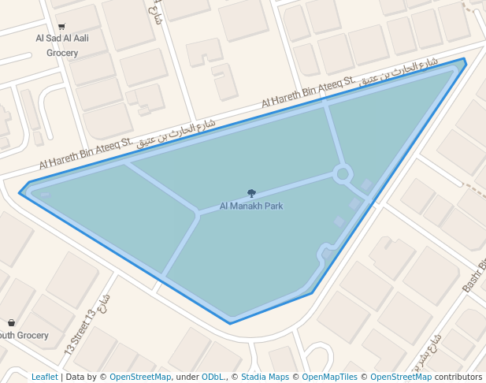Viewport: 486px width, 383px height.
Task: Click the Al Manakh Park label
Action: tap(250, 206)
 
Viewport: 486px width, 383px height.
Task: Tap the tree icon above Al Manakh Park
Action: tap(251, 193)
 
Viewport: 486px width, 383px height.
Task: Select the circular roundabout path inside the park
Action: tap(342, 173)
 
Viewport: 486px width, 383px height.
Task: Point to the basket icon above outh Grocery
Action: tap(11, 322)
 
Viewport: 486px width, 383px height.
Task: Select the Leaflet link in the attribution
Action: tap(45, 377)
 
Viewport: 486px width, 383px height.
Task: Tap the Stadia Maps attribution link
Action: tap(265, 377)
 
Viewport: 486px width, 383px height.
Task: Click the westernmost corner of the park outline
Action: tap(19, 193)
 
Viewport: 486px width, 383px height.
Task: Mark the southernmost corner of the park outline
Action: tap(230, 323)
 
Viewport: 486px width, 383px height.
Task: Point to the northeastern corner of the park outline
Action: tap(464, 59)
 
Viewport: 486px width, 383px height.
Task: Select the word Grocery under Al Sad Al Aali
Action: tap(62, 54)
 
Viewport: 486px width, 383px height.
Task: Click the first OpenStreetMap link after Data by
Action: tap(140, 377)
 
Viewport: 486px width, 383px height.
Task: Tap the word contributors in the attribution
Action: tap(458, 377)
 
